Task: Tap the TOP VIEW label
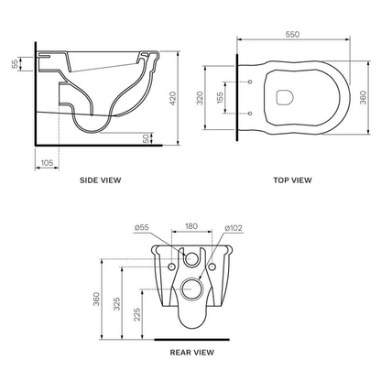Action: [293, 180]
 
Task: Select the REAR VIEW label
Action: [193, 350]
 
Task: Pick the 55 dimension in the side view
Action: [15, 64]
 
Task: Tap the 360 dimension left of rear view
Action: [95, 299]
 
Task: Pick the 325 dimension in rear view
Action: [117, 304]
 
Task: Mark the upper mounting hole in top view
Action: [249, 82]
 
